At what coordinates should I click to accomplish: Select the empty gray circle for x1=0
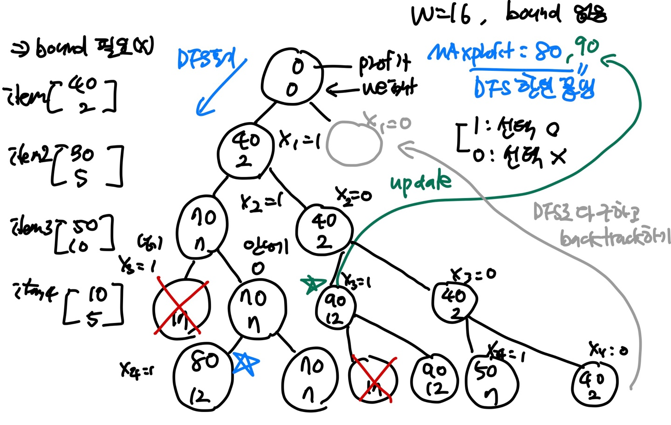[354, 143]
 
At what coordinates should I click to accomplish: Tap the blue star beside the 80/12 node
[245, 364]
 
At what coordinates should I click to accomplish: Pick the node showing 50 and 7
[492, 381]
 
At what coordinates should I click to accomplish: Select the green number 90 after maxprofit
[586, 48]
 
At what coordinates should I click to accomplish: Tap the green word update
[420, 182]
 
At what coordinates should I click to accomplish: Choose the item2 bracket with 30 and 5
[89, 165]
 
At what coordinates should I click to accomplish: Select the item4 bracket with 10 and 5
[93, 305]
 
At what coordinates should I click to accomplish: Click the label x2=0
[354, 195]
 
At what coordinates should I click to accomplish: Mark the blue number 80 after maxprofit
[548, 52]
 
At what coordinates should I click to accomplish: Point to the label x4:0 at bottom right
[608, 349]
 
